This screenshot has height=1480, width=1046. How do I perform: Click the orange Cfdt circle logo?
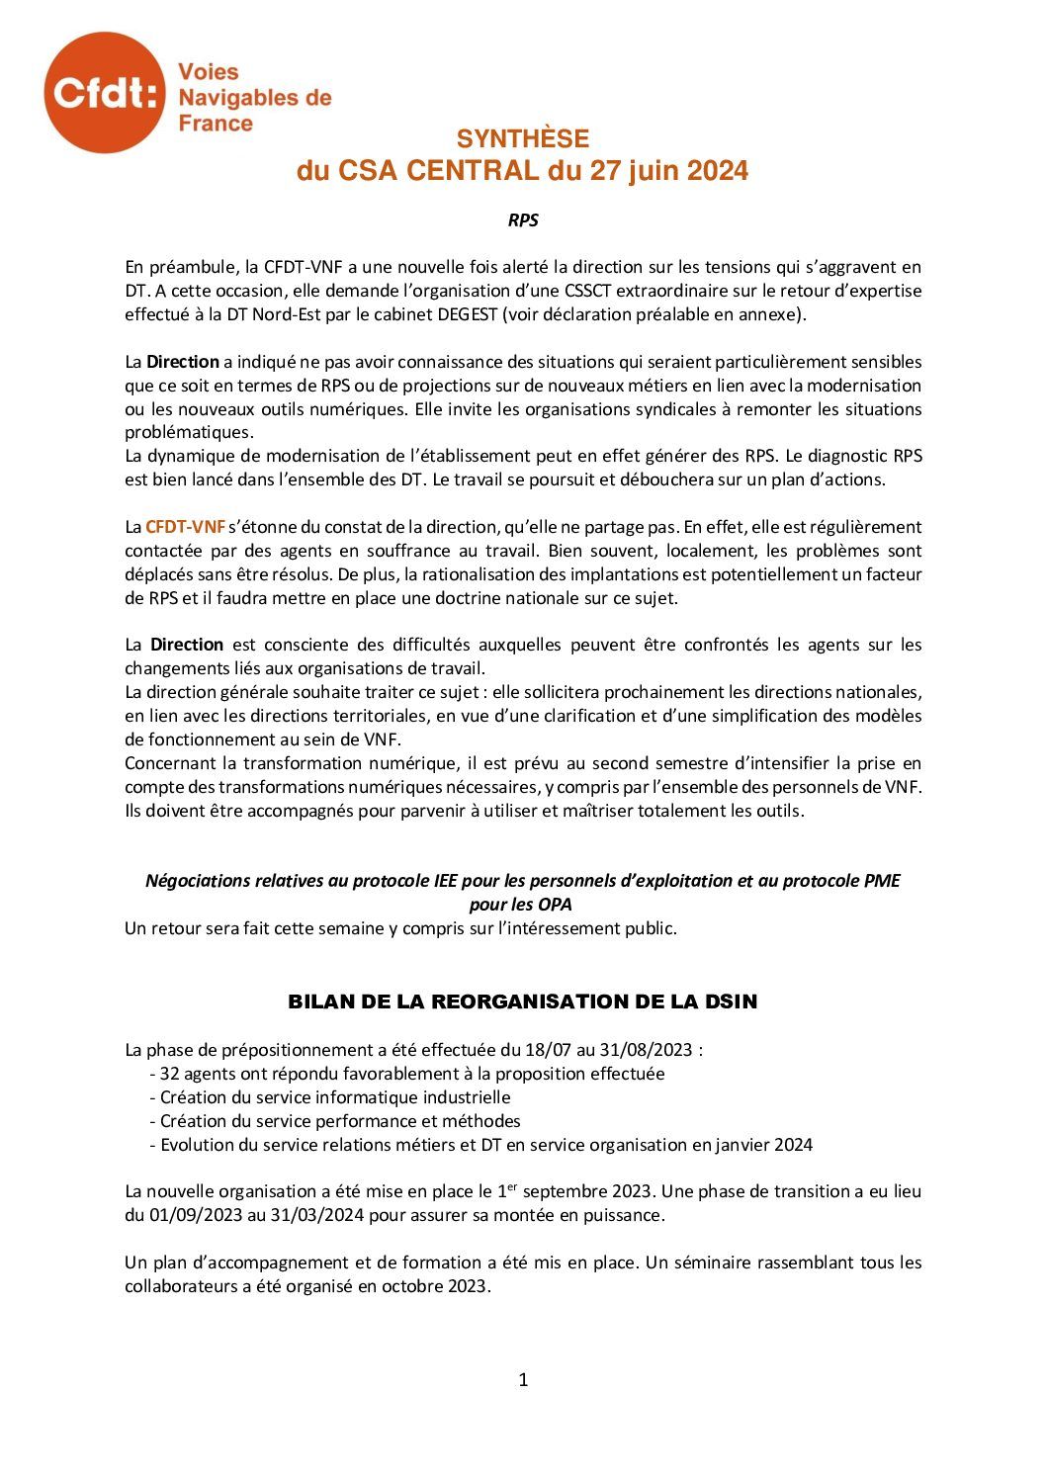[x=104, y=93]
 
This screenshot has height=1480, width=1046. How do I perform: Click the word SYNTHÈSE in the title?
[x=522, y=139]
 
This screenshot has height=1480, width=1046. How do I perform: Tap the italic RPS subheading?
[x=523, y=220]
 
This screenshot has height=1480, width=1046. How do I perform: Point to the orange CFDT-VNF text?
[x=186, y=527]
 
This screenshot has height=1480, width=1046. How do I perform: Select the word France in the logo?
[x=216, y=124]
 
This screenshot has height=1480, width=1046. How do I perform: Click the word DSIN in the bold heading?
[x=732, y=1001]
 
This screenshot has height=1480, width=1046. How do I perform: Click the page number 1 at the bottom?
[x=523, y=1380]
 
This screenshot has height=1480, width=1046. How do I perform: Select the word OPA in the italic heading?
[x=556, y=905]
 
